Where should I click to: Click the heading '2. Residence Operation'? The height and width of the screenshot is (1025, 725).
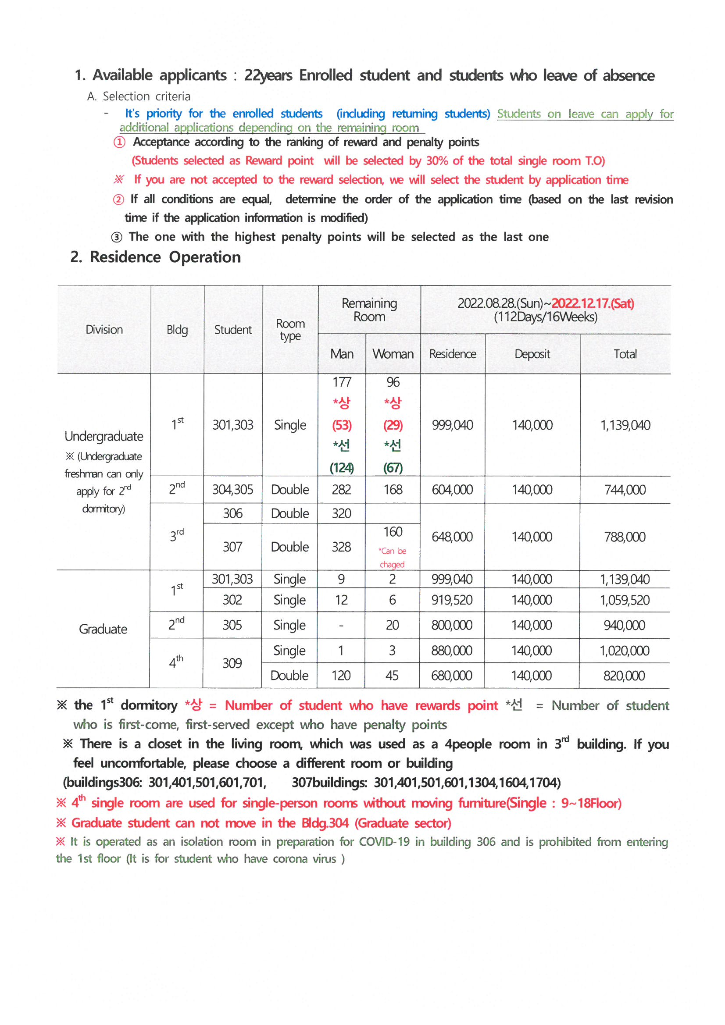[155, 257]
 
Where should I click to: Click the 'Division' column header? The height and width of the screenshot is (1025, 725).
[104, 330]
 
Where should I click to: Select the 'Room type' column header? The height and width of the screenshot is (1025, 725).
[290, 330]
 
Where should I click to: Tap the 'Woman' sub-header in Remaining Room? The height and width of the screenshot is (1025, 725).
[393, 354]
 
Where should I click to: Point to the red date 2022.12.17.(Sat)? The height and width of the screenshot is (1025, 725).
[593, 303]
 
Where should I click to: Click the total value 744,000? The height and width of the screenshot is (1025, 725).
[625, 490]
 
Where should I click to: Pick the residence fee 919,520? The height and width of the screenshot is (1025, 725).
[452, 600]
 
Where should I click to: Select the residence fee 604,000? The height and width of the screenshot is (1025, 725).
[452, 490]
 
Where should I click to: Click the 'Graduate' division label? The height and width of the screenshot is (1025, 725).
[103, 629]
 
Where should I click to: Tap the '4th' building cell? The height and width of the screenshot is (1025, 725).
[176, 662]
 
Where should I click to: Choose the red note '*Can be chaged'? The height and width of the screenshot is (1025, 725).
[392, 558]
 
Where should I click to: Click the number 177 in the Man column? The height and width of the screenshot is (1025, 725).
[342, 382]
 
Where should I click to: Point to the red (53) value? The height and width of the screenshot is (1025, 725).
[342, 425]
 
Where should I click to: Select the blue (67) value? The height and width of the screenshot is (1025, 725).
[393, 468]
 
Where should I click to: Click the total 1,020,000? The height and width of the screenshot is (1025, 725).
[624, 651]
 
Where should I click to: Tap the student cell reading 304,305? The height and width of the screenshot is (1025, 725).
[232, 490]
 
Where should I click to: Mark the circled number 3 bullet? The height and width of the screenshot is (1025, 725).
[117, 237]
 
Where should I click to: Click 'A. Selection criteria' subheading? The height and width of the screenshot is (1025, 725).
[139, 96]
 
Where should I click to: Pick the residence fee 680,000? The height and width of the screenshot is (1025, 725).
[452, 676]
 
